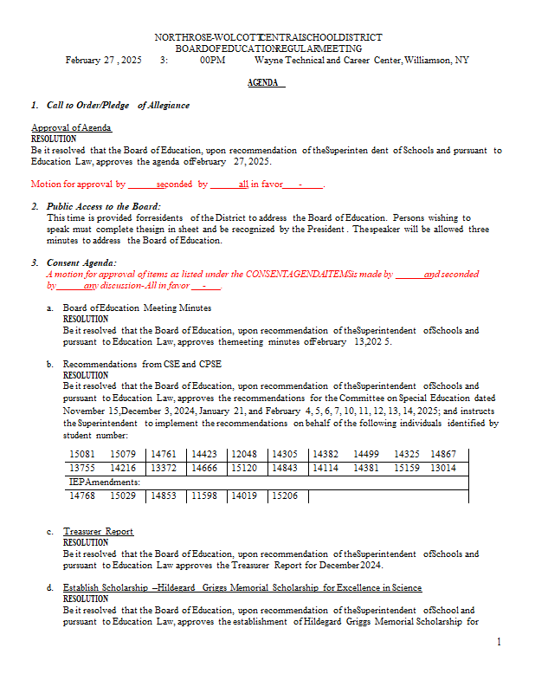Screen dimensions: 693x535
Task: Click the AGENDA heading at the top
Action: pyautogui.click(x=266, y=83)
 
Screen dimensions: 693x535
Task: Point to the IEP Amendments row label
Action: pyautogui.click(x=98, y=482)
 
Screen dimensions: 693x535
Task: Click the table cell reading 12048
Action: pyautogui.click(x=244, y=453)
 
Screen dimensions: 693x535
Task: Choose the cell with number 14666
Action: pyautogui.click(x=204, y=468)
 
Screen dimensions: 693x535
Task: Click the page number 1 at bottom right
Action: pyautogui.click(x=500, y=641)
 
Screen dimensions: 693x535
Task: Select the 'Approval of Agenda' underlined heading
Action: pyautogui.click(x=71, y=127)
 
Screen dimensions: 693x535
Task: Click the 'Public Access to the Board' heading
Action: pyautogui.click(x=103, y=206)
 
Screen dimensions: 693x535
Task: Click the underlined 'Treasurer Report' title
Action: pyautogui.click(x=98, y=531)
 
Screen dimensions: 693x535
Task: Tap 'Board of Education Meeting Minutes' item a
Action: pyautogui.click(x=137, y=308)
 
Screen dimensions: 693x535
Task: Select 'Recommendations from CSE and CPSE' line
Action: pyautogui.click(x=142, y=364)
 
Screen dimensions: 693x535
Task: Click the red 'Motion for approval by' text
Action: pyautogui.click(x=79, y=184)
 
